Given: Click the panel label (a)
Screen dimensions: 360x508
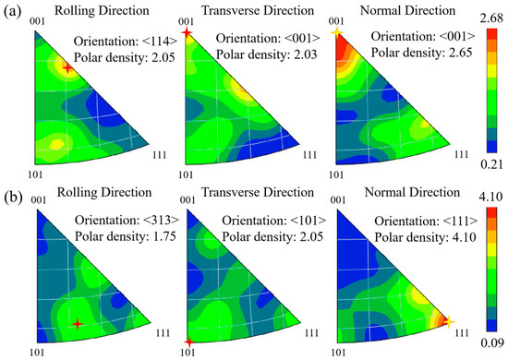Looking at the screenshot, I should (13, 12).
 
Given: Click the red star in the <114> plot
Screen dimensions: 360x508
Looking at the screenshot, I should (67, 67).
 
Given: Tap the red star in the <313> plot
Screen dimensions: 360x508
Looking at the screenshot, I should (78, 323).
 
